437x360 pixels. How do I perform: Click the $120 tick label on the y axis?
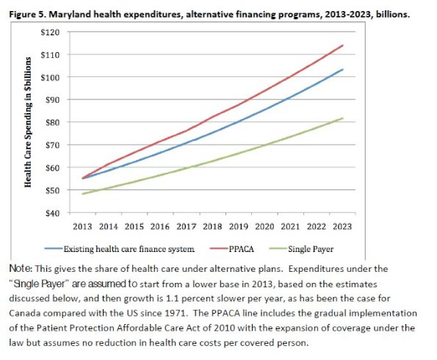pyautogui.click(x=50, y=32)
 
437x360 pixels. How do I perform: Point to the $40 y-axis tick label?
pyautogui.click(x=53, y=213)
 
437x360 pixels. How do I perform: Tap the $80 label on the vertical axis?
pyautogui.click(x=53, y=123)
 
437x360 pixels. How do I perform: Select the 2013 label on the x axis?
pyautogui.click(x=82, y=226)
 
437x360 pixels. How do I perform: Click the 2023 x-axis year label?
pyautogui.click(x=342, y=226)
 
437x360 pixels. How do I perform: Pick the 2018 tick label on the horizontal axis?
pyautogui.click(x=212, y=226)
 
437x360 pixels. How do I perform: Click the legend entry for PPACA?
pyautogui.click(x=232, y=249)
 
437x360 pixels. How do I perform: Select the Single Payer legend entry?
pyautogui.click(x=302, y=249)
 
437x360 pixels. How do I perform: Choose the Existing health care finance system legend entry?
pyautogui.click(x=120, y=249)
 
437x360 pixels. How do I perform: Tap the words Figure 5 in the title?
pyautogui.click(x=27, y=14)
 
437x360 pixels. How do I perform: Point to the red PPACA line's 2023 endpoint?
pyautogui.click(x=342, y=45)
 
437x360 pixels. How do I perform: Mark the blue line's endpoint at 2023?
pyautogui.click(x=342, y=70)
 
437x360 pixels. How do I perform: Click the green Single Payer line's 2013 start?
pyautogui.click(x=82, y=194)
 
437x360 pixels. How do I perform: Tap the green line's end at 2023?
pyautogui.click(x=342, y=118)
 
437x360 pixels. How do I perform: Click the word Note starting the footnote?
pyautogui.click(x=21, y=269)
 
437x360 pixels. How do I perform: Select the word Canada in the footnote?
pyautogui.click(x=24, y=313)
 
